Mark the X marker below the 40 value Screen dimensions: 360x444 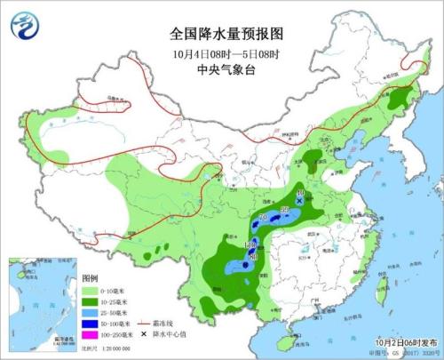(300, 202)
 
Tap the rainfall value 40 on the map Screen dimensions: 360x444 (300, 193)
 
